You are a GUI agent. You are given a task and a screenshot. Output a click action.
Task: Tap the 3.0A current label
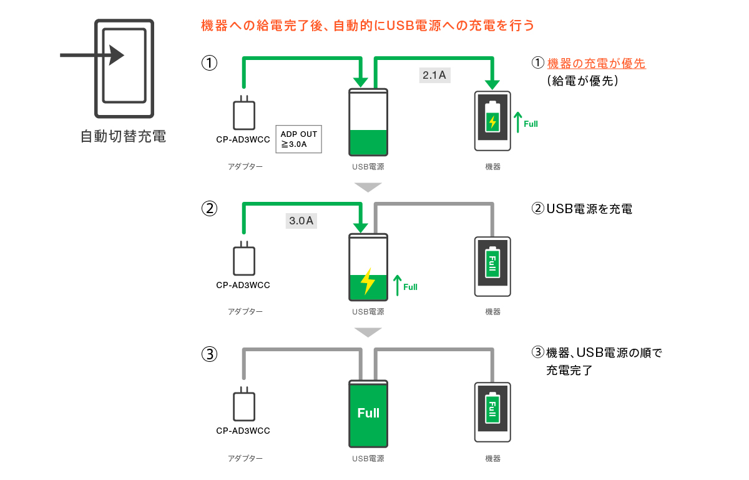click(301, 221)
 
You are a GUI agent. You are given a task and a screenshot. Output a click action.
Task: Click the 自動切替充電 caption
click(124, 136)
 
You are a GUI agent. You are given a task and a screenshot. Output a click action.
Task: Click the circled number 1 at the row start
click(209, 63)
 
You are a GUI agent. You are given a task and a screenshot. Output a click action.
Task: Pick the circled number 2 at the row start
click(209, 209)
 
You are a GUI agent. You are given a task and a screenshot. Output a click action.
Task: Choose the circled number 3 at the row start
click(209, 354)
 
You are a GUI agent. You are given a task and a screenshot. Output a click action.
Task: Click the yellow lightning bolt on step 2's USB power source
click(368, 282)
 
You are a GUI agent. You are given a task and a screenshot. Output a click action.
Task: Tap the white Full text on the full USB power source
click(368, 413)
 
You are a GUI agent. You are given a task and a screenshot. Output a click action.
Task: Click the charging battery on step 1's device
click(493, 118)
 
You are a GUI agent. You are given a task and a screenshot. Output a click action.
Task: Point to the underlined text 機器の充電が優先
click(596, 63)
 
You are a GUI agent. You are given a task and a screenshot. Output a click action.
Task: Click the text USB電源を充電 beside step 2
click(589, 209)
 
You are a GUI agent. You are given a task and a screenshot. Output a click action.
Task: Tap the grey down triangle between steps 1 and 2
click(368, 187)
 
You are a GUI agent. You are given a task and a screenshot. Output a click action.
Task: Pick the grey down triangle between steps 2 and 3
click(368, 332)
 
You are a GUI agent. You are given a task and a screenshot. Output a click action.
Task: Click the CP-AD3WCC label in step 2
click(243, 285)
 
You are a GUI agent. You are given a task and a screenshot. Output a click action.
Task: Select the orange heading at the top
click(368, 26)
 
